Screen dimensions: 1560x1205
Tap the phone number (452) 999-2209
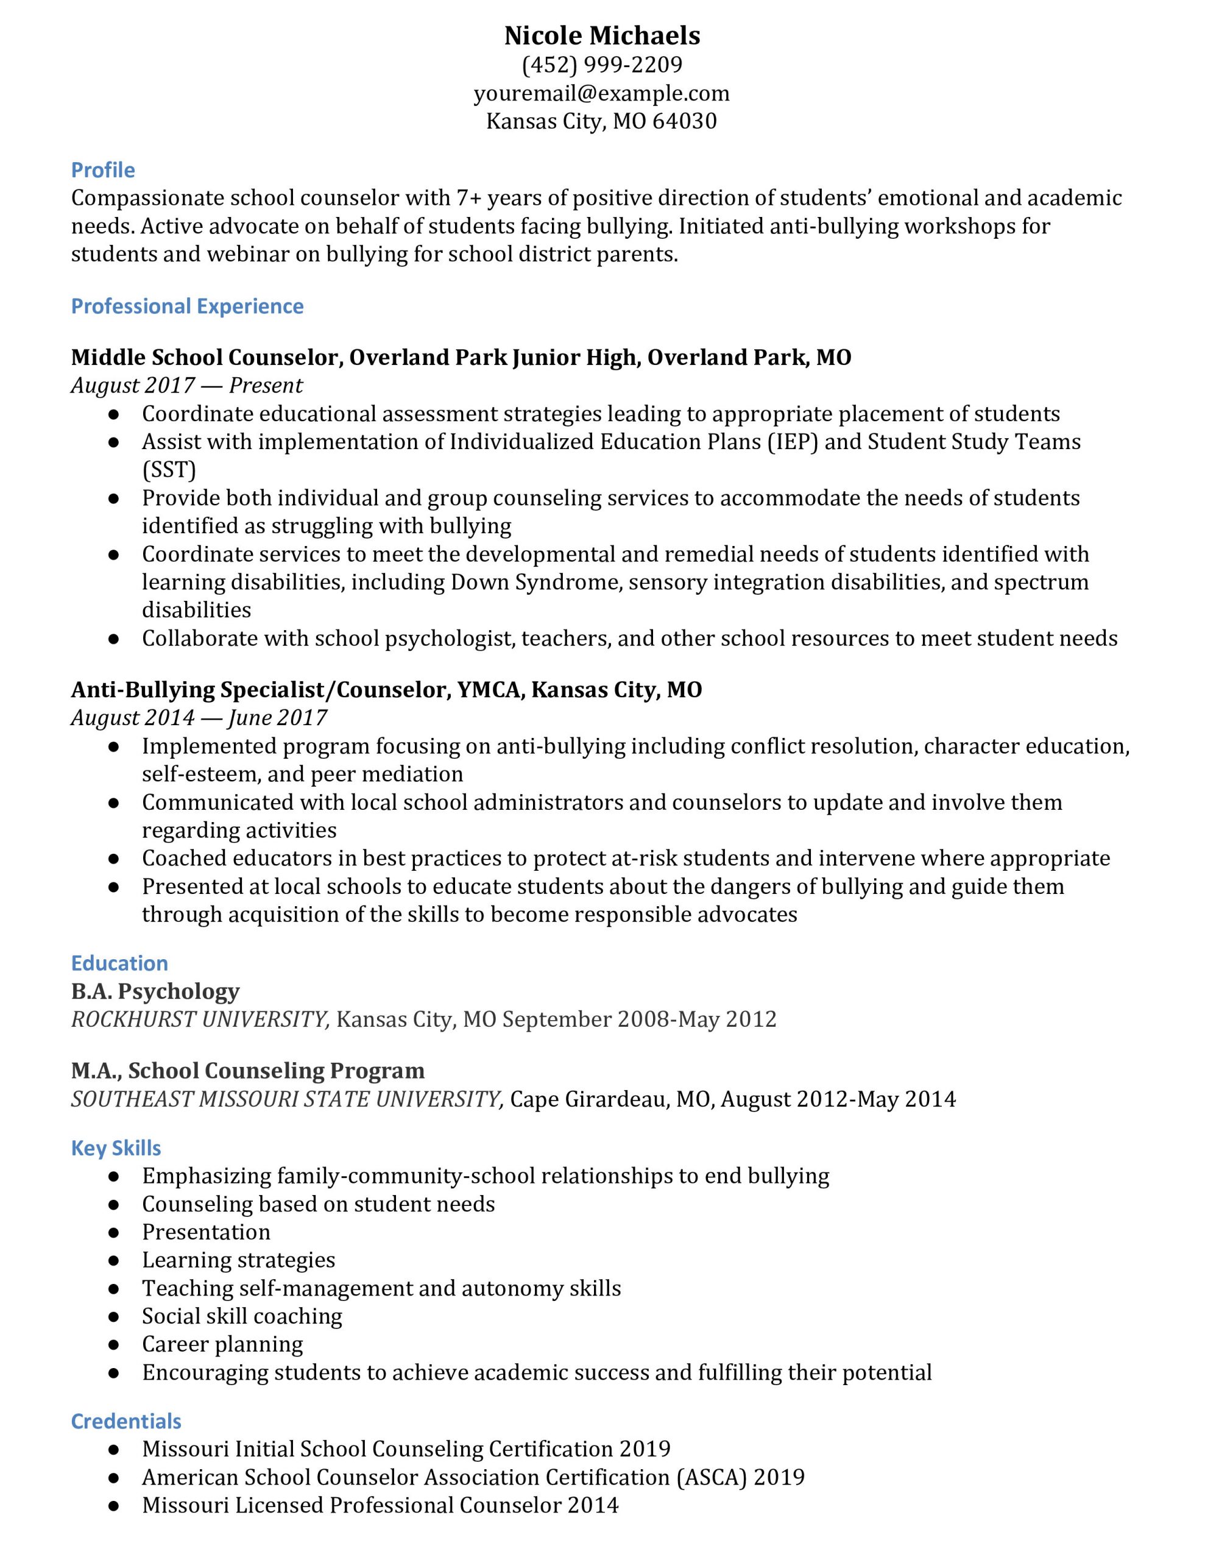point(601,65)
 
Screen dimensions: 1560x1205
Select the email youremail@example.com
point(601,94)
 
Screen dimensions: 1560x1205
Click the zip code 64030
point(684,121)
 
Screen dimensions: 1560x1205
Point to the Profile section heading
point(103,170)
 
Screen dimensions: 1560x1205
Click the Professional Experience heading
point(187,307)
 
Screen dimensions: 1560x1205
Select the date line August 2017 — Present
point(186,386)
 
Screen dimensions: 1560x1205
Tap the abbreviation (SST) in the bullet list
point(169,470)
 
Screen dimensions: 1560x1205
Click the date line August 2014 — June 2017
point(199,718)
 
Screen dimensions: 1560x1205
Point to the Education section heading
point(119,963)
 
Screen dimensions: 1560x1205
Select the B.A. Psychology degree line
point(155,991)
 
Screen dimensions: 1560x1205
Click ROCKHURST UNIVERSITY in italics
point(200,1019)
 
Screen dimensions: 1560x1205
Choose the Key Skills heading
point(116,1149)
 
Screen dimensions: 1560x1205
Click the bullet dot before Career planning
point(113,1345)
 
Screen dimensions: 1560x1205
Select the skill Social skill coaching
point(242,1316)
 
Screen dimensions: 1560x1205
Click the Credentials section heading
point(125,1422)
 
